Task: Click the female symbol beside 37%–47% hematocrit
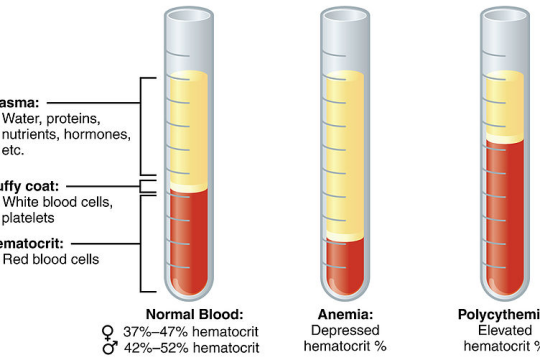109,331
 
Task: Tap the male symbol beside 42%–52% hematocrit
109,347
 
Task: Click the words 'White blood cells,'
57,201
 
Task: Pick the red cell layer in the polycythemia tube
503,210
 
